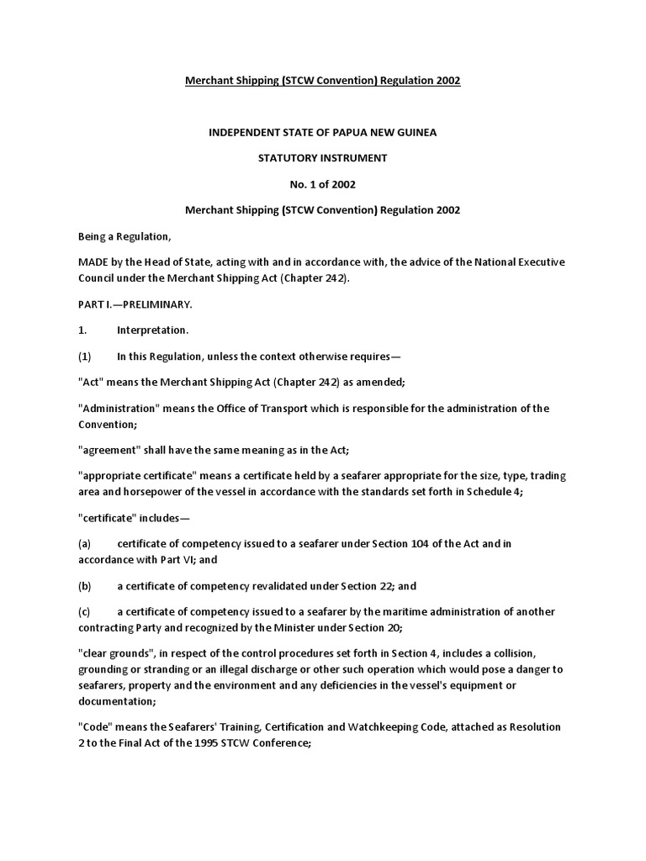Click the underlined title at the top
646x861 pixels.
click(323, 81)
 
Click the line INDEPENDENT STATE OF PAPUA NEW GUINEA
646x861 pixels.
click(323, 133)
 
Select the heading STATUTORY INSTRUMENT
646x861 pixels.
click(323, 158)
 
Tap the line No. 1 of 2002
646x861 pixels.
click(323, 184)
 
